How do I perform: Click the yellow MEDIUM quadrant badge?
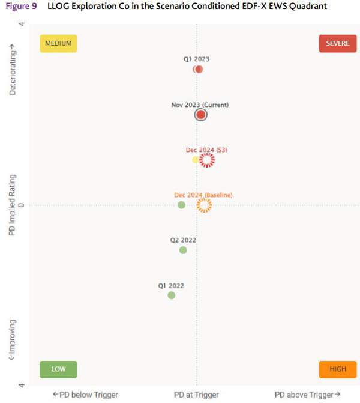pyautogui.click(x=58, y=43)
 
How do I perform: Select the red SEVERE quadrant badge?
pyautogui.click(x=338, y=43)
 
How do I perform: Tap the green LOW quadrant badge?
pyautogui.click(x=58, y=369)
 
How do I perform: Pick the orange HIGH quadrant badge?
pyautogui.click(x=338, y=369)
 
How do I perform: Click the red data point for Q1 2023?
pyautogui.click(x=199, y=69)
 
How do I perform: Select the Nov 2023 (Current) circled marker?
pyautogui.click(x=201, y=114)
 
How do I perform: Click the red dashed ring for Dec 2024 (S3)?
pyautogui.click(x=207, y=160)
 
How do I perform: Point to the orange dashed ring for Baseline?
pyautogui.click(x=204, y=205)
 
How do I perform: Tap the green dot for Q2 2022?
pyautogui.click(x=183, y=250)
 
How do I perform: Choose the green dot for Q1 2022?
pyautogui.click(x=172, y=295)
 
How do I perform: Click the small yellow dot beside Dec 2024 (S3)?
pyautogui.click(x=196, y=160)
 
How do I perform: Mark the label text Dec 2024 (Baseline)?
pyautogui.click(x=203, y=195)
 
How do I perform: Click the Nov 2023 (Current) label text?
pyautogui.click(x=200, y=105)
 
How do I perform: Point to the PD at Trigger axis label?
pyautogui.click(x=196, y=395)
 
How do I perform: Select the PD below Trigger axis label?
pyautogui.click(x=85, y=395)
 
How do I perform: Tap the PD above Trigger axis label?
pyautogui.click(x=307, y=395)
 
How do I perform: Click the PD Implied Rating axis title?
pyautogui.click(x=12, y=205)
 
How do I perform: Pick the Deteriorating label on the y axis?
pyautogui.click(x=12, y=71)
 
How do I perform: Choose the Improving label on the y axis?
pyautogui.click(x=12, y=339)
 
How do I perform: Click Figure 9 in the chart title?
pyautogui.click(x=22, y=6)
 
